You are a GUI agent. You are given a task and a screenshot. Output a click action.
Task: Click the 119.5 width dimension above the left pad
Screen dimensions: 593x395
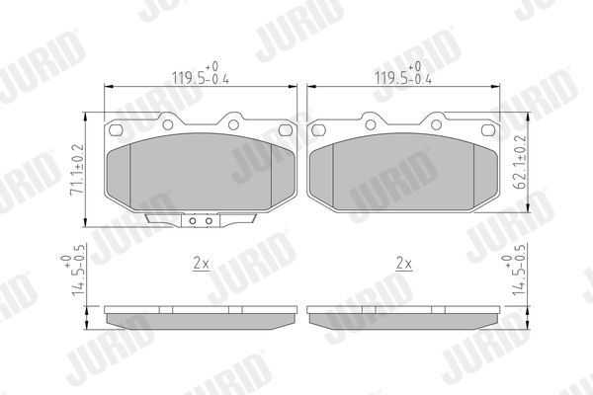pos(201,74)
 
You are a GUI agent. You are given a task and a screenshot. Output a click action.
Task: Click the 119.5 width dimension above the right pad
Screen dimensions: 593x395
pos(403,74)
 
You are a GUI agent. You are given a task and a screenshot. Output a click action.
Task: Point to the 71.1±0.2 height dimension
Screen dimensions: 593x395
pos(78,169)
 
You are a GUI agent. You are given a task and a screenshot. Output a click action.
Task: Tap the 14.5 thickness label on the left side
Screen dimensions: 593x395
pos(72,275)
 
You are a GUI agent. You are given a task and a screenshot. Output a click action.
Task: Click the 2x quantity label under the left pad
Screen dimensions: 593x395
pos(201,263)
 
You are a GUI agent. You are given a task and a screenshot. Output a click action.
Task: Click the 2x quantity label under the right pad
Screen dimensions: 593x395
pos(403,263)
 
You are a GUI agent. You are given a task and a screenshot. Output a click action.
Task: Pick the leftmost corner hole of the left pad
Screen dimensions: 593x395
pos(116,130)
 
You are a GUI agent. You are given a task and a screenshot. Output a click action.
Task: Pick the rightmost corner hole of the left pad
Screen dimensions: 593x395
pos(286,130)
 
